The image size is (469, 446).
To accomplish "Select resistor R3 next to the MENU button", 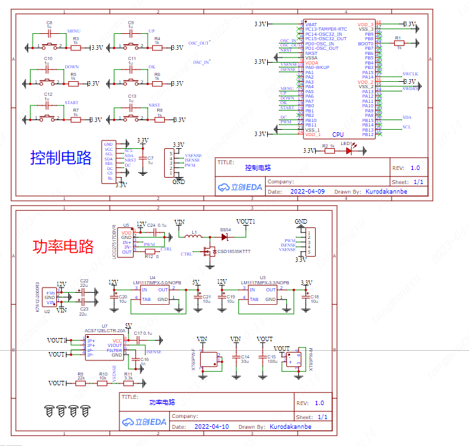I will [75, 47].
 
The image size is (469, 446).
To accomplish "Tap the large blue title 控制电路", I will [61, 157].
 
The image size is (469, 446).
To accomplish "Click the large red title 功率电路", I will [63, 246].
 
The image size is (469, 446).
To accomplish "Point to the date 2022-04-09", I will [307, 191].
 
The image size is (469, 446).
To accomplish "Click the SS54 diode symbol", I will [225, 236].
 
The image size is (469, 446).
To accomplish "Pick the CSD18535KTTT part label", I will [234, 251].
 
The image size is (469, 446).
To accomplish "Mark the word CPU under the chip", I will [338, 135].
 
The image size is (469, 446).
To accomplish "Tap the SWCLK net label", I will [410, 74].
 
